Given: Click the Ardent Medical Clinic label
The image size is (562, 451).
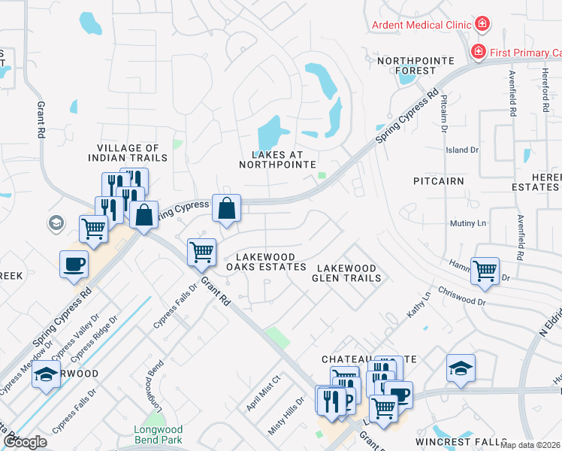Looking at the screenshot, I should [421, 25].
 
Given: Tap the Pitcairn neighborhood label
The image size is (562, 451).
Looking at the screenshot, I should [438, 181].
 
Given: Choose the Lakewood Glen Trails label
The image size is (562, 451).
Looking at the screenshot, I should [348, 273].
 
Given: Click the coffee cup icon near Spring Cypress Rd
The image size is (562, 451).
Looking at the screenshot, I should [74, 264].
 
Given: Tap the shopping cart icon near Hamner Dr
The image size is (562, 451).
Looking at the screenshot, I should [485, 270].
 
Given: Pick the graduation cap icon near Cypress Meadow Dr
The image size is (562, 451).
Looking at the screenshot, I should [46, 374].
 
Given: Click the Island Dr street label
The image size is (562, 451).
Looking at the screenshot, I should [462, 150].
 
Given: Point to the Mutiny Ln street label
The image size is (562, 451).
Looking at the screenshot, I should [467, 223].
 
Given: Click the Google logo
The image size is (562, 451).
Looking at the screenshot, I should [25, 442].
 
